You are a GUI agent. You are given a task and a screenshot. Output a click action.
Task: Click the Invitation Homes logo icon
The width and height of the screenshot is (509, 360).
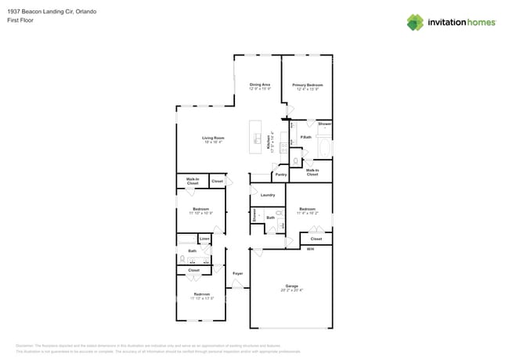pos(415,23)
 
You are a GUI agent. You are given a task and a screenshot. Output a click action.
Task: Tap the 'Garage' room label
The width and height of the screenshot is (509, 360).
pos(291,286)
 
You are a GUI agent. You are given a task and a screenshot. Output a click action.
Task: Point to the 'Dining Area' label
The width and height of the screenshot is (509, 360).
pos(260,85)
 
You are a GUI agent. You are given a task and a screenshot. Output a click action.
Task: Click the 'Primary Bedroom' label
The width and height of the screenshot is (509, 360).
pos(307,85)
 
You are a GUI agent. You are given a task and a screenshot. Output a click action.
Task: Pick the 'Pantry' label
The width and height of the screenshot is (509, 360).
pos(280,175)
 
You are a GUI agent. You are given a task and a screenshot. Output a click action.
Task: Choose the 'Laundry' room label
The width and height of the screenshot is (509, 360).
pos(267,195)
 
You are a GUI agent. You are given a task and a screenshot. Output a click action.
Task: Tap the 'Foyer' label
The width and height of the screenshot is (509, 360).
pos(237,273)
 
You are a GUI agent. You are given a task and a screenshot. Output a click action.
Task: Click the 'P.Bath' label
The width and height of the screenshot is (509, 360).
pos(305,137)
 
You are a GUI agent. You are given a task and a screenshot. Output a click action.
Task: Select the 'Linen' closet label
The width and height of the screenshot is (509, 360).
pos(204,239)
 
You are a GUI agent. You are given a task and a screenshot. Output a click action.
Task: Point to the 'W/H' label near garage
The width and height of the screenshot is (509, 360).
pos(310,249)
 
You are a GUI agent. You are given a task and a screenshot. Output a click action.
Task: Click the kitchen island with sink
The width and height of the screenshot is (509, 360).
pos(256,138)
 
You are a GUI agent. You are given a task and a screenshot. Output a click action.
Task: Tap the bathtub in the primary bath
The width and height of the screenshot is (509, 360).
pos(325,146)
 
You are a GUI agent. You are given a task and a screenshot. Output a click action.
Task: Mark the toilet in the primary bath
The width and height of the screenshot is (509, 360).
pos(295,160)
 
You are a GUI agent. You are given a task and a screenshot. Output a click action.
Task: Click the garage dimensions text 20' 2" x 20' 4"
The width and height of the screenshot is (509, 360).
pos(291,290)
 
